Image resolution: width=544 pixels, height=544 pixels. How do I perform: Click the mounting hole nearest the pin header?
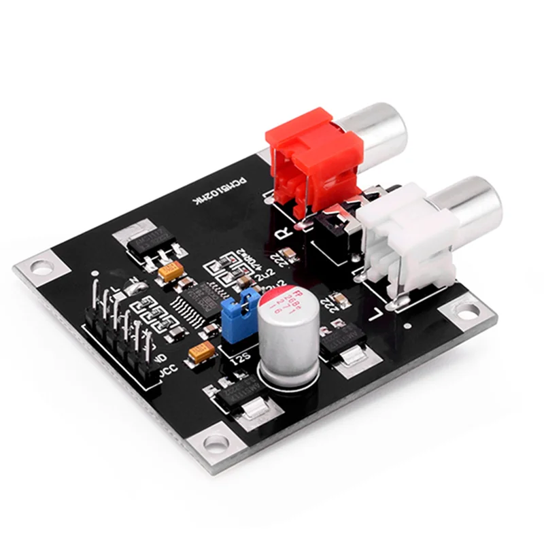click(41, 267)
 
